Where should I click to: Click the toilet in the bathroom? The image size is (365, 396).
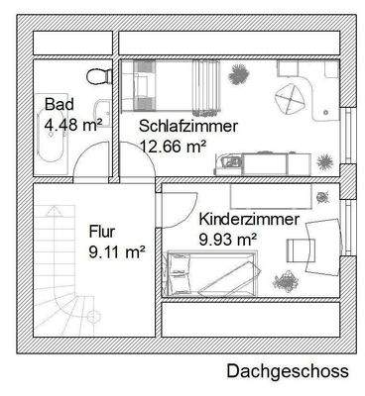(97, 77)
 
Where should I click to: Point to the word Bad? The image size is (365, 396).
(59, 104)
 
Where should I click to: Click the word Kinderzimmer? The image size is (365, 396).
(247, 219)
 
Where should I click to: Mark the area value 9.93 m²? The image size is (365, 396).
(228, 239)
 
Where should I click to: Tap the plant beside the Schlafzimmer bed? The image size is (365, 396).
(238, 73)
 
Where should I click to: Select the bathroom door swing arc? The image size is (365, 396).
(90, 160)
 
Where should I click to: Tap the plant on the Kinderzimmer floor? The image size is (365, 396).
(285, 281)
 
